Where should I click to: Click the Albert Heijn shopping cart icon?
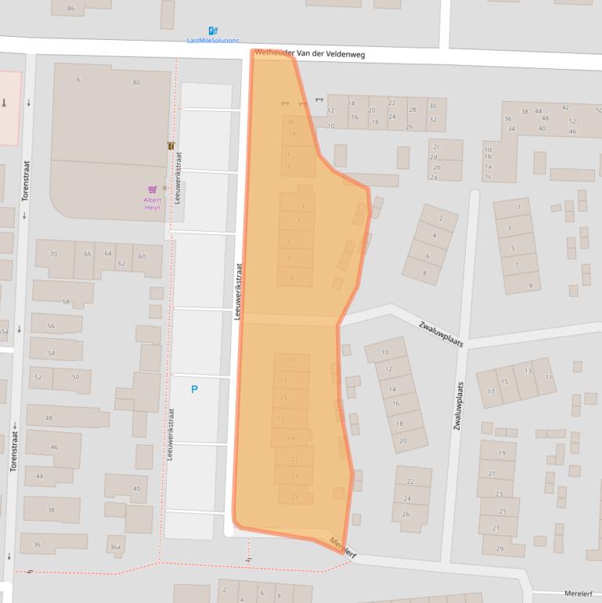click(152, 190)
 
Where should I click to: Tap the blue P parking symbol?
click(194, 389)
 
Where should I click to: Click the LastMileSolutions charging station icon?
click(213, 31)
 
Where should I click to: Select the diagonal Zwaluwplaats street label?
click(441, 334)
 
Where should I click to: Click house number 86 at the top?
click(71, 9)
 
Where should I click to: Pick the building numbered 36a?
click(115, 547)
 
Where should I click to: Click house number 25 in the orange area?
click(294, 496)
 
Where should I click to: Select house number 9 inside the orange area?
click(293, 278)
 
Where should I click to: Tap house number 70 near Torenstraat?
click(53, 255)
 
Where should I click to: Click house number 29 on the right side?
click(499, 548)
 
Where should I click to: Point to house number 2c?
click(435, 146)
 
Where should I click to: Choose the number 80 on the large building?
click(136, 82)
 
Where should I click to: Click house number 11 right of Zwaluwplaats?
click(548, 377)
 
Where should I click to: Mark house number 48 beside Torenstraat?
click(49, 418)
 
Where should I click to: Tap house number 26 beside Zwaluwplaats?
click(406, 515)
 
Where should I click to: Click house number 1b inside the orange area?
click(290, 121)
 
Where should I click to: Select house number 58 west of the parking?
click(66, 302)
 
